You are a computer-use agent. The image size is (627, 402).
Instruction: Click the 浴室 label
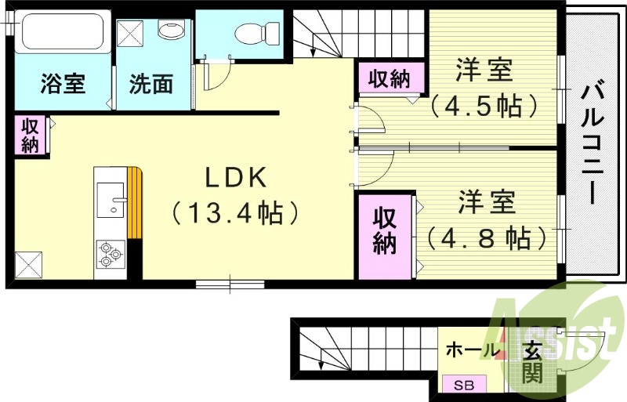pos(63,84)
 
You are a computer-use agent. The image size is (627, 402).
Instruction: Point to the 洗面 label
pos(150,84)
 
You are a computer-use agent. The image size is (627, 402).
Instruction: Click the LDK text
pos(237,179)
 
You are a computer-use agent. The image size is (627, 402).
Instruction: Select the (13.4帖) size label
pos(237,213)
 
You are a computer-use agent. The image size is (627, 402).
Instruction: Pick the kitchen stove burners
pos(109,252)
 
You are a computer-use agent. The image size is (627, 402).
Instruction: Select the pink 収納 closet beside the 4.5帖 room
pos(390,79)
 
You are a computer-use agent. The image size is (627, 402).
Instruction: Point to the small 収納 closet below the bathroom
pos(30,135)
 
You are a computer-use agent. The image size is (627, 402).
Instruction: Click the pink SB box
pos(465,385)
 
